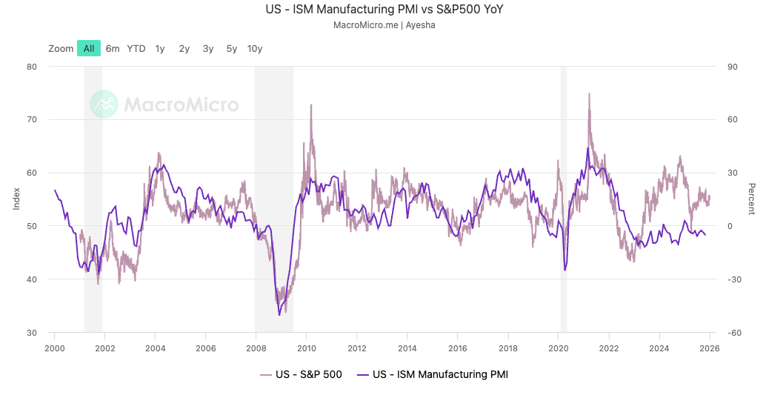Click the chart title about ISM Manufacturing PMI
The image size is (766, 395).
point(384,10)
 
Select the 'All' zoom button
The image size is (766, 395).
point(89,49)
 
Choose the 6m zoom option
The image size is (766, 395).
point(113,49)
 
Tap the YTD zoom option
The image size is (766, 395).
point(136,49)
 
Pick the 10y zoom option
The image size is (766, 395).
point(255,49)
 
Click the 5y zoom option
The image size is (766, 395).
point(232,49)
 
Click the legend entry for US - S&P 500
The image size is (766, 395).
point(301,374)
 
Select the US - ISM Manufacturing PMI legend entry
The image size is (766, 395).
point(433,374)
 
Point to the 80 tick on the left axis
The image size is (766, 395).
point(32,67)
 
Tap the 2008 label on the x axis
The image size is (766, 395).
point(256,348)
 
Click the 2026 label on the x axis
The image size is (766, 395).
point(710,348)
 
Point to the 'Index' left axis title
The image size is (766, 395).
point(16,199)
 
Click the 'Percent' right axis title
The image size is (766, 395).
point(751,199)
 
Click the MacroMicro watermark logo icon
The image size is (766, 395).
point(104,104)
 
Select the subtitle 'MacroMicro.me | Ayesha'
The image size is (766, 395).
point(384,25)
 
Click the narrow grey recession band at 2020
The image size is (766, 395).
point(564,199)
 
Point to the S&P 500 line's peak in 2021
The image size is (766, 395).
point(589,94)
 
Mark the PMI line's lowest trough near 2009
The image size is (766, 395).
point(279,315)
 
